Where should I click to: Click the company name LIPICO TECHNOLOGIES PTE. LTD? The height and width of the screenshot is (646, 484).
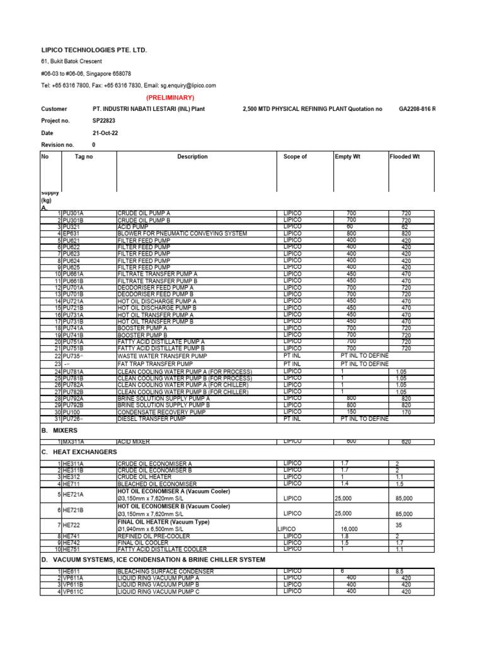point(93,49)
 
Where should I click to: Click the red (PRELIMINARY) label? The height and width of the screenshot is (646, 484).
point(170,98)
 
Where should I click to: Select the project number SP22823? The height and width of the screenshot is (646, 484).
point(104,120)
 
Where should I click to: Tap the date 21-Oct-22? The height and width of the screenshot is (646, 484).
point(105,132)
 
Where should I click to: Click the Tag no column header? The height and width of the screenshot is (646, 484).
point(84,156)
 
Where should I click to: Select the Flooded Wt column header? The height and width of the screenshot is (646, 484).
point(405,156)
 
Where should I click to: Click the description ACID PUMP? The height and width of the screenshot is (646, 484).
point(133,227)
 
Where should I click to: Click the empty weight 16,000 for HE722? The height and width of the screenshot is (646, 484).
point(349,529)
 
